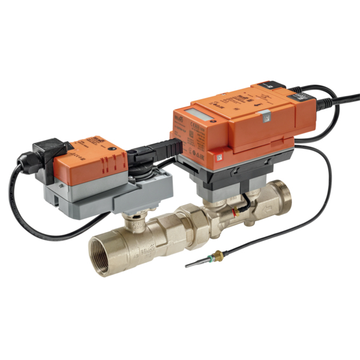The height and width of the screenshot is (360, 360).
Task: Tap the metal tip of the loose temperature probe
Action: click(191, 265)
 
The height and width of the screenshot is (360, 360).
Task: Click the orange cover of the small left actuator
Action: click(90, 157)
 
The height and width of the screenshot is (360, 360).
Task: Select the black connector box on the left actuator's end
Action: click(45, 149)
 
